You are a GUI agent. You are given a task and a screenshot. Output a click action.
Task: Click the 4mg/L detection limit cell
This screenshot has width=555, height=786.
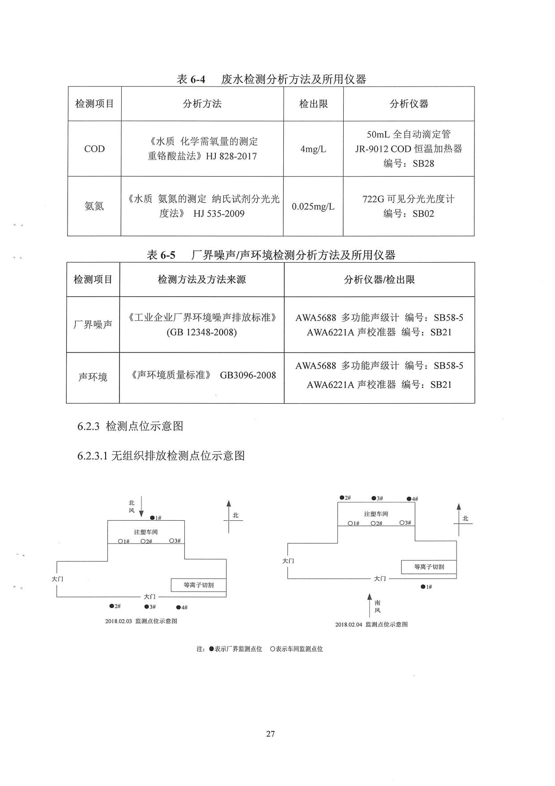pyautogui.click(x=313, y=149)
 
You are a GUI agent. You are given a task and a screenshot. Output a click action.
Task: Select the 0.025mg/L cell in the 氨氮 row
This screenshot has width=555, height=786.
pyautogui.click(x=313, y=207)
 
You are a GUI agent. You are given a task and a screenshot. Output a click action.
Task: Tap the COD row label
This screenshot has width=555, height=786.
pyautogui.click(x=94, y=149)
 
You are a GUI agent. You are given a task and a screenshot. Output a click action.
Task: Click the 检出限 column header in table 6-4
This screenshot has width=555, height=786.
pyautogui.click(x=313, y=104)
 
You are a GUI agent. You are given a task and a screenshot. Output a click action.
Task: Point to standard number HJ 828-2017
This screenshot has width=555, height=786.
pyautogui.click(x=231, y=156)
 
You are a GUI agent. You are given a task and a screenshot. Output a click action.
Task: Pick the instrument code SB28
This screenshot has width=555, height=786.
pyautogui.click(x=423, y=164)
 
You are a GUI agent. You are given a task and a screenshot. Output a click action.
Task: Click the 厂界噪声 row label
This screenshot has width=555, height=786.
pyautogui.click(x=93, y=324)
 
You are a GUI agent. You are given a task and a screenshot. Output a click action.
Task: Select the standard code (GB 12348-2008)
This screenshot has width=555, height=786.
pyautogui.click(x=202, y=333)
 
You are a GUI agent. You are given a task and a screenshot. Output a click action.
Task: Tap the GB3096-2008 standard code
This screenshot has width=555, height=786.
pyautogui.click(x=248, y=375)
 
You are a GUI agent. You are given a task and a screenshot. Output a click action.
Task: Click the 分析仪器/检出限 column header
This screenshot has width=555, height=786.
pyautogui.click(x=380, y=280)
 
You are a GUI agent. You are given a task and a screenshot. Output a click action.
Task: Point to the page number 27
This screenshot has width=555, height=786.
pyautogui.click(x=270, y=734)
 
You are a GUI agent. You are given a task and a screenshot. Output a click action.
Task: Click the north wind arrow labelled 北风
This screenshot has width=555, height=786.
pyautogui.click(x=141, y=506)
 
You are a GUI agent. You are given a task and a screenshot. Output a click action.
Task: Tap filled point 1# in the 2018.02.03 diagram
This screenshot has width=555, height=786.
pyautogui.click(x=152, y=518)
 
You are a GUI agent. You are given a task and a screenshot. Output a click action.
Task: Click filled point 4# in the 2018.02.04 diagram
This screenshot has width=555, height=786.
pyautogui.click(x=409, y=499)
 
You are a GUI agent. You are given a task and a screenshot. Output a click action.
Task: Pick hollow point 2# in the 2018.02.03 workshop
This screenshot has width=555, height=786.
pyautogui.click(x=143, y=541)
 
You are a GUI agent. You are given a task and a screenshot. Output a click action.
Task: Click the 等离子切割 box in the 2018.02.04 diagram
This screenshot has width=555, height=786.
pyautogui.click(x=429, y=567)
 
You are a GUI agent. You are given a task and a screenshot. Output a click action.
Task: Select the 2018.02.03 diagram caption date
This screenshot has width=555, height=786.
pyautogui.click(x=119, y=621)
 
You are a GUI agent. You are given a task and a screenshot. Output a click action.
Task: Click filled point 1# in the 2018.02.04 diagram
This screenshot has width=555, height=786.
pyautogui.click(x=423, y=587)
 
